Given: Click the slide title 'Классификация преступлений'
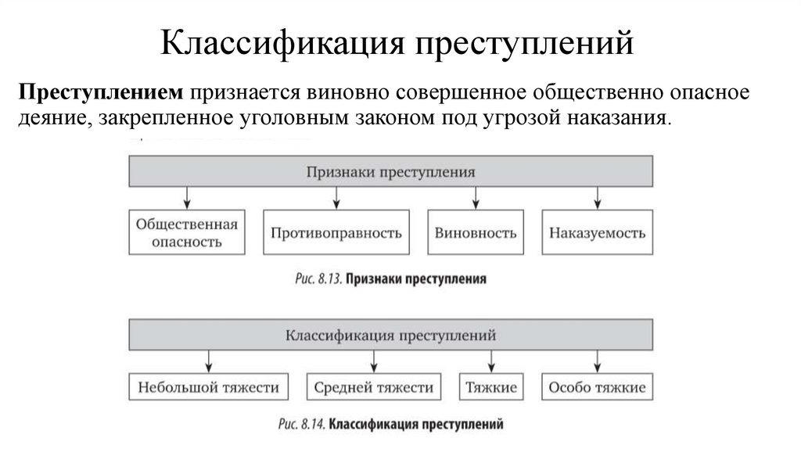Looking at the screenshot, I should pos(397,44).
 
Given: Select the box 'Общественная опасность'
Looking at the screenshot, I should pos(187,232).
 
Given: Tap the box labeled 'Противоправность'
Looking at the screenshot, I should pos(336,232).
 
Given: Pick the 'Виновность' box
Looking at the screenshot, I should pos(476,232).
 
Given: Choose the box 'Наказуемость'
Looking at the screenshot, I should pos(597,232).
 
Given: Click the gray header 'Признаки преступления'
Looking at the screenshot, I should pos(390,171).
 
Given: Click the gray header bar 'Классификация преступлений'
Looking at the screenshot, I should pos(390,336).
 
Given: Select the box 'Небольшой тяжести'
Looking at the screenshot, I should pos(208,387).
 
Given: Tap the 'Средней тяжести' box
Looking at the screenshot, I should pos(374,387).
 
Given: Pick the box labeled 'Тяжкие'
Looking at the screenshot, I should pos(491,387).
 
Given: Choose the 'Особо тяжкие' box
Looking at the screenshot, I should pos(597,387).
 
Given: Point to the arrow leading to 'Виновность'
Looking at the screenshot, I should pos(476,197).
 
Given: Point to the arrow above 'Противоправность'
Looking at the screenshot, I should pos(336,197).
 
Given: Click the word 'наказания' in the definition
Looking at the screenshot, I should pos(631,119).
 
